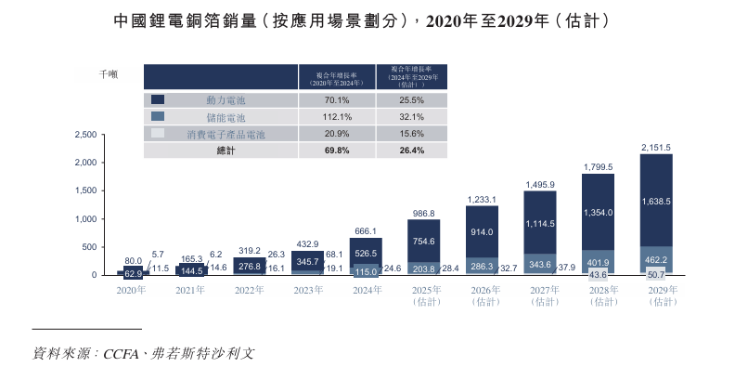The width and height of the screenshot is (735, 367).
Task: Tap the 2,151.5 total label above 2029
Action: [x=655, y=147]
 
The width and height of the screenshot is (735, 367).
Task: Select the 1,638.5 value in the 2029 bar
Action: [x=655, y=202]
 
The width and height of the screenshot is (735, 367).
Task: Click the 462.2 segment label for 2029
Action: [x=655, y=261]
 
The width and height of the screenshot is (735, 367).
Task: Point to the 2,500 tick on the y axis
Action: [x=84, y=135]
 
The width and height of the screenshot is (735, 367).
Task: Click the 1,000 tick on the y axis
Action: [x=84, y=219]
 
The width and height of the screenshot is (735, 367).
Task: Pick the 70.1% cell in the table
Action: [x=336, y=100]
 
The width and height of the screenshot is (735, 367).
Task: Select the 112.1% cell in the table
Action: [x=336, y=117]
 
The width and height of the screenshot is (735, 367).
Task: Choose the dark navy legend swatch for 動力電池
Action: [x=158, y=100]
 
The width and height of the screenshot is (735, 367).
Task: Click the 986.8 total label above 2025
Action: [x=423, y=213]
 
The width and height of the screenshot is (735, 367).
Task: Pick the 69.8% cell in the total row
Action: [x=336, y=151]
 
